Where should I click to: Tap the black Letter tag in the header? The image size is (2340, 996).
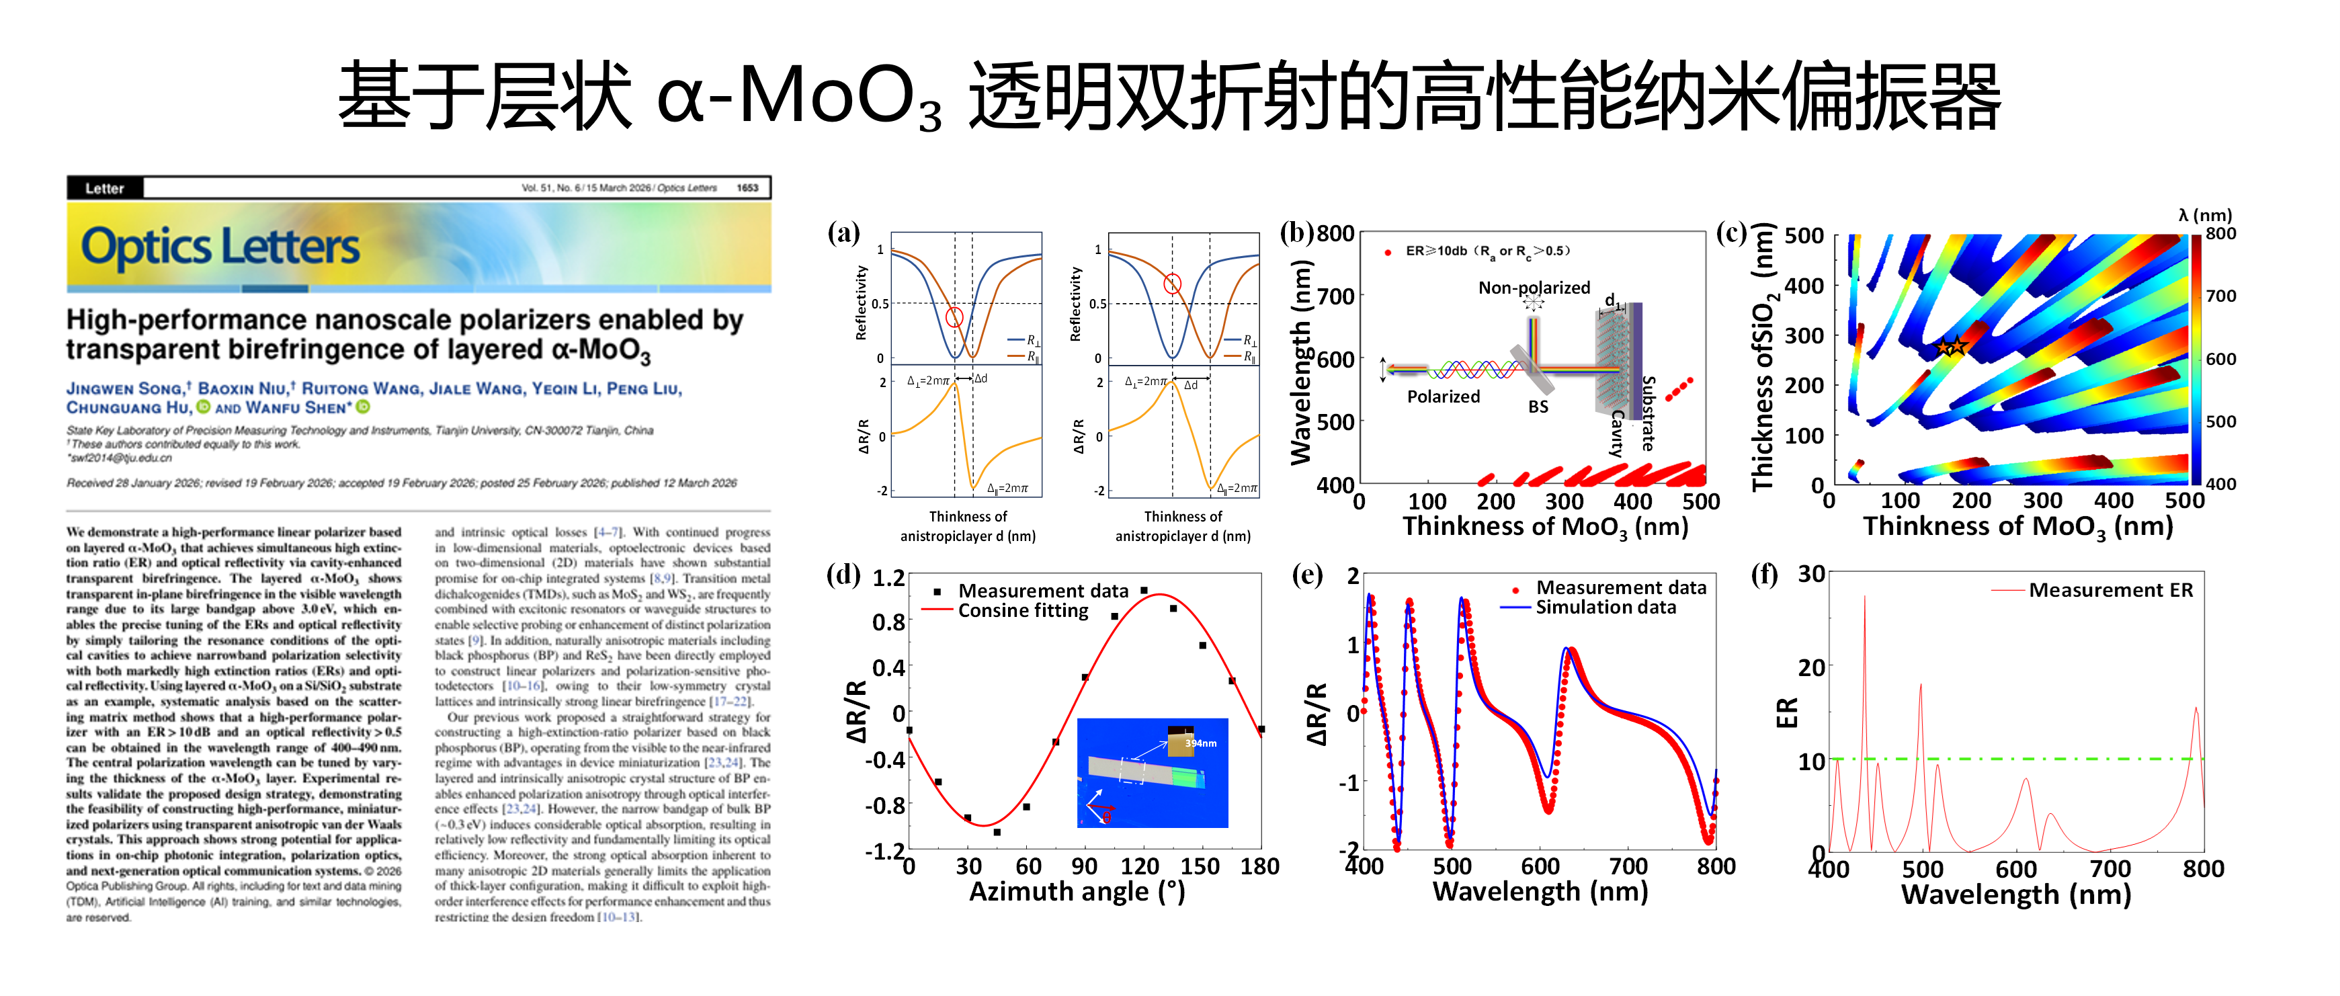click(x=104, y=188)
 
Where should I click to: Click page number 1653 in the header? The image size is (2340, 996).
click(x=747, y=188)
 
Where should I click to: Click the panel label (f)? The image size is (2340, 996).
click(x=1764, y=575)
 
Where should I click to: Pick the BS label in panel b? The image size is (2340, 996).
click(x=1537, y=406)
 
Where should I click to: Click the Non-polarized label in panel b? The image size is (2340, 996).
click(x=1534, y=287)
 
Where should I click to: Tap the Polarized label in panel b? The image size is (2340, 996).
click(x=1443, y=397)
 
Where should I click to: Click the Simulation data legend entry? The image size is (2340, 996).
click(x=1605, y=607)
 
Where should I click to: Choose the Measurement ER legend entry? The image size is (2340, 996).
click(x=2109, y=590)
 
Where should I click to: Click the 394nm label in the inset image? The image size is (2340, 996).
click(x=1200, y=743)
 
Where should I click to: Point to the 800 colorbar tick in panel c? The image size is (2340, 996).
click(x=2220, y=234)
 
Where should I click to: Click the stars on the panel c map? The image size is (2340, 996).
click(x=1950, y=346)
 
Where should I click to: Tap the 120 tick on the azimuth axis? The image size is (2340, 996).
click(x=1139, y=866)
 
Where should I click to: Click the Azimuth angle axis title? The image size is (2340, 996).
click(x=1077, y=891)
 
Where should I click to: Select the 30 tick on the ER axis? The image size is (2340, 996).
click(x=1811, y=575)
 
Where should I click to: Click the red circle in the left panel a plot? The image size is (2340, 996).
click(x=954, y=317)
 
